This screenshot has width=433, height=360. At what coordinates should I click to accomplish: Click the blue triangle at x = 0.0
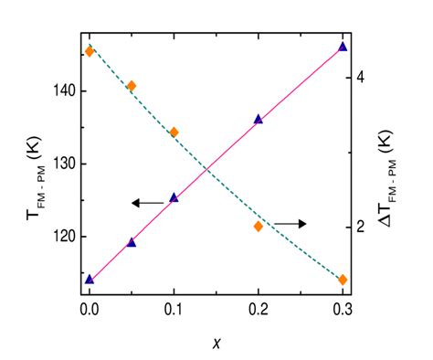(90, 279)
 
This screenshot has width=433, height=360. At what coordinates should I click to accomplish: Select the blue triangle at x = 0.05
(132, 242)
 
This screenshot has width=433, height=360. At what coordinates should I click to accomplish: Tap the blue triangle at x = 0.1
(174, 196)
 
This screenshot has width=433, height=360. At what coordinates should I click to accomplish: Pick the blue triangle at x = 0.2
(259, 119)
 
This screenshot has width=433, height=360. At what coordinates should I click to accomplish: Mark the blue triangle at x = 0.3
(343, 46)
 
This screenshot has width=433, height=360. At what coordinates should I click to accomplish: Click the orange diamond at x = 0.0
(90, 51)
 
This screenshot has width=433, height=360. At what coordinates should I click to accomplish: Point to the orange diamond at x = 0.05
(132, 86)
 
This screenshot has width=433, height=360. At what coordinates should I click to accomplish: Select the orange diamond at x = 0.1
(174, 132)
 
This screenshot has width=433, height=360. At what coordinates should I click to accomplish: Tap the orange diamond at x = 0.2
(259, 226)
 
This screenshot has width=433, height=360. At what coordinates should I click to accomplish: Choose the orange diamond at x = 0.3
(343, 280)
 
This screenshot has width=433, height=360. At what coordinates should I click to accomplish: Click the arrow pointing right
(291, 223)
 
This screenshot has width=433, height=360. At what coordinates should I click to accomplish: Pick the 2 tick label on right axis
(363, 227)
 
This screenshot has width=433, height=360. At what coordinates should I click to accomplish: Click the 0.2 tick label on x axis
(259, 309)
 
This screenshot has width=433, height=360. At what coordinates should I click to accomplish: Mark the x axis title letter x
(216, 343)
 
